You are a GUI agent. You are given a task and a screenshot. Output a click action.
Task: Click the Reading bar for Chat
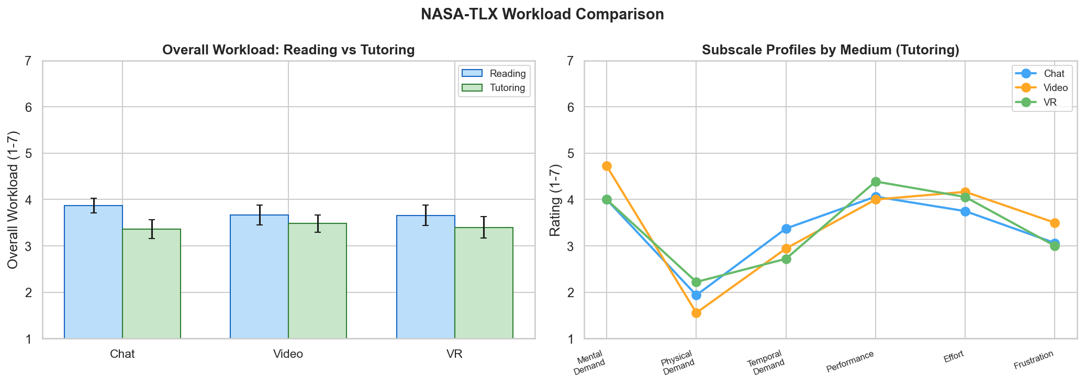[x=93, y=272]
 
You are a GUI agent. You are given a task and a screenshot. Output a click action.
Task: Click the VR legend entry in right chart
[x=1042, y=103]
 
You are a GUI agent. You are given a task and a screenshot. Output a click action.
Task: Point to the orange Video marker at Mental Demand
[x=607, y=166]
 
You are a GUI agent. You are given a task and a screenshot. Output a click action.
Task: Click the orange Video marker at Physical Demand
[x=696, y=313]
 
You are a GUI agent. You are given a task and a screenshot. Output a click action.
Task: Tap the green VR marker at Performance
[x=876, y=182]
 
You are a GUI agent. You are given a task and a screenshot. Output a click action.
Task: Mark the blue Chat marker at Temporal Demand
[x=786, y=229]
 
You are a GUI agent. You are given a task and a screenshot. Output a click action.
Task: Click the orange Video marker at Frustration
[x=1055, y=223]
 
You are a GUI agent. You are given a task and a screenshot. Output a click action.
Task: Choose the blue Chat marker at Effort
[x=965, y=211]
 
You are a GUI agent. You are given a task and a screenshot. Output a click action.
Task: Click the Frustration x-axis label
[x=1033, y=361]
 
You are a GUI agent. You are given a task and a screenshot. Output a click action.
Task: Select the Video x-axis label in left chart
[x=288, y=354]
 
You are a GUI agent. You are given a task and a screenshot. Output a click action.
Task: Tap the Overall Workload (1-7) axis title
[x=13, y=200]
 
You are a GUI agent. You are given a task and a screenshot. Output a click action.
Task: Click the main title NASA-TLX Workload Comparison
[x=542, y=14]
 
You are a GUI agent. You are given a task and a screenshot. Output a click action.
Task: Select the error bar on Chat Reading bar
[x=94, y=205]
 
